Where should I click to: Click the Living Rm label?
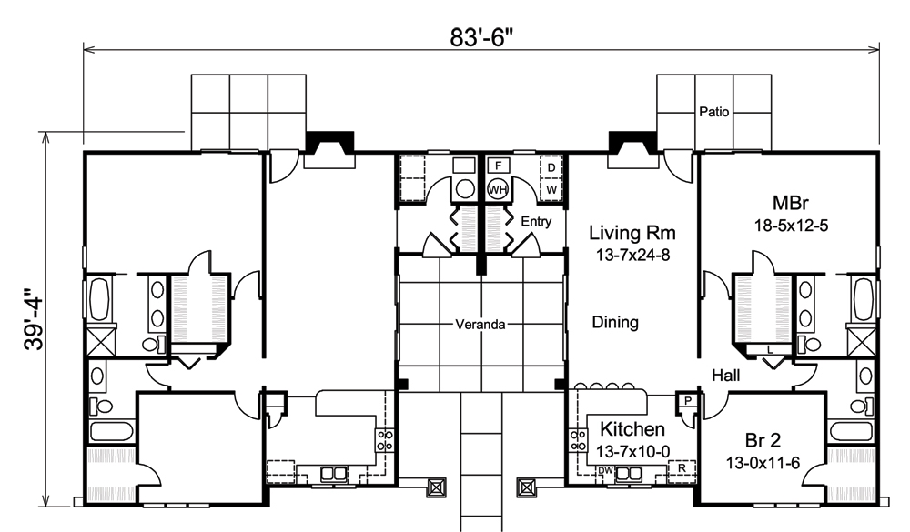(632, 233)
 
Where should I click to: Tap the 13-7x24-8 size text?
(632, 255)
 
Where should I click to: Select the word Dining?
(614, 322)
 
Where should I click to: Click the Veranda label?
(480, 325)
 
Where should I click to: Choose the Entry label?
(536, 221)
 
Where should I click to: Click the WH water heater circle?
(496, 189)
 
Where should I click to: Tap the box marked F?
(497, 166)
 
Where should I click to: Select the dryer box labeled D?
(551, 167)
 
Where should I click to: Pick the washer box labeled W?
(551, 188)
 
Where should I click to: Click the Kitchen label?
(632, 429)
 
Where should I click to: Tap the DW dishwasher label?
(605, 470)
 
